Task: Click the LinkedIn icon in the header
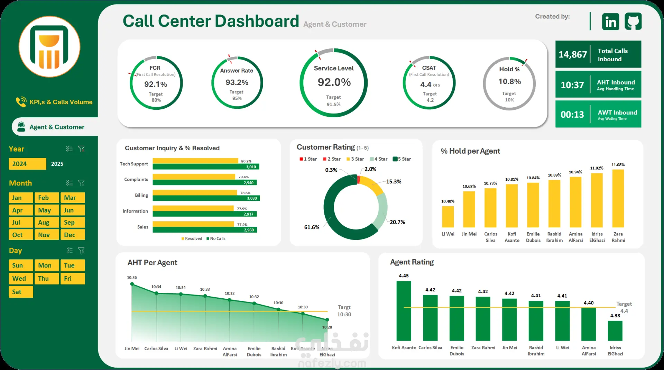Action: click(x=610, y=21)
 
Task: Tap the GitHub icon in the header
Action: click(x=633, y=21)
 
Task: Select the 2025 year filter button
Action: click(x=57, y=164)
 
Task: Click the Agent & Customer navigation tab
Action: click(x=57, y=127)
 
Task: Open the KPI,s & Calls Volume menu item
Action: click(x=61, y=102)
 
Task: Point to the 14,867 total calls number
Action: click(x=573, y=55)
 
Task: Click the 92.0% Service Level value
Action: click(x=334, y=82)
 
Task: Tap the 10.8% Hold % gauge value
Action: click(x=509, y=82)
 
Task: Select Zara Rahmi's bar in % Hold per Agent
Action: click(x=618, y=198)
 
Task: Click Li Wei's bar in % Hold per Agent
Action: click(x=448, y=217)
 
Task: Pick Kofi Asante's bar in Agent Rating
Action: click(x=404, y=311)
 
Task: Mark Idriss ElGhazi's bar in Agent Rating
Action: click(x=615, y=331)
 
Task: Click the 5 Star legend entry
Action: click(x=402, y=159)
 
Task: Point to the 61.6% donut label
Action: click(x=312, y=227)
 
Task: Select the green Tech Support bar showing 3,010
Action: click(x=206, y=167)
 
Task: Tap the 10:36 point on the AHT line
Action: click(x=132, y=284)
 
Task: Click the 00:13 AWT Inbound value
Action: click(x=572, y=115)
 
